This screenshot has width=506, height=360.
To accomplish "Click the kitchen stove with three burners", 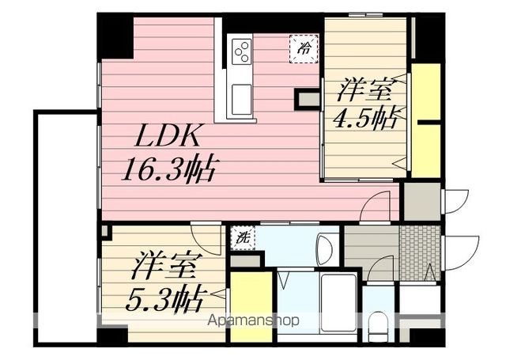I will [x=241, y=52].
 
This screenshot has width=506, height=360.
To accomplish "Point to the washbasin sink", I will [x=324, y=251].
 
